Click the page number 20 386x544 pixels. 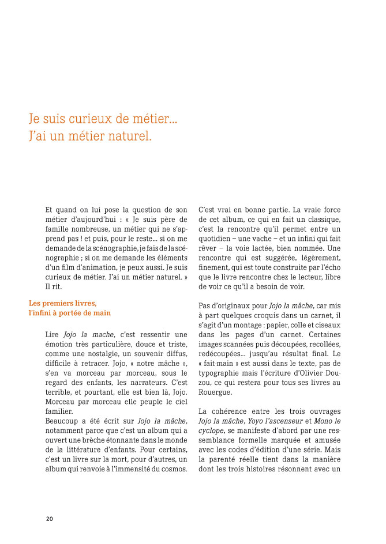[49, 519]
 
